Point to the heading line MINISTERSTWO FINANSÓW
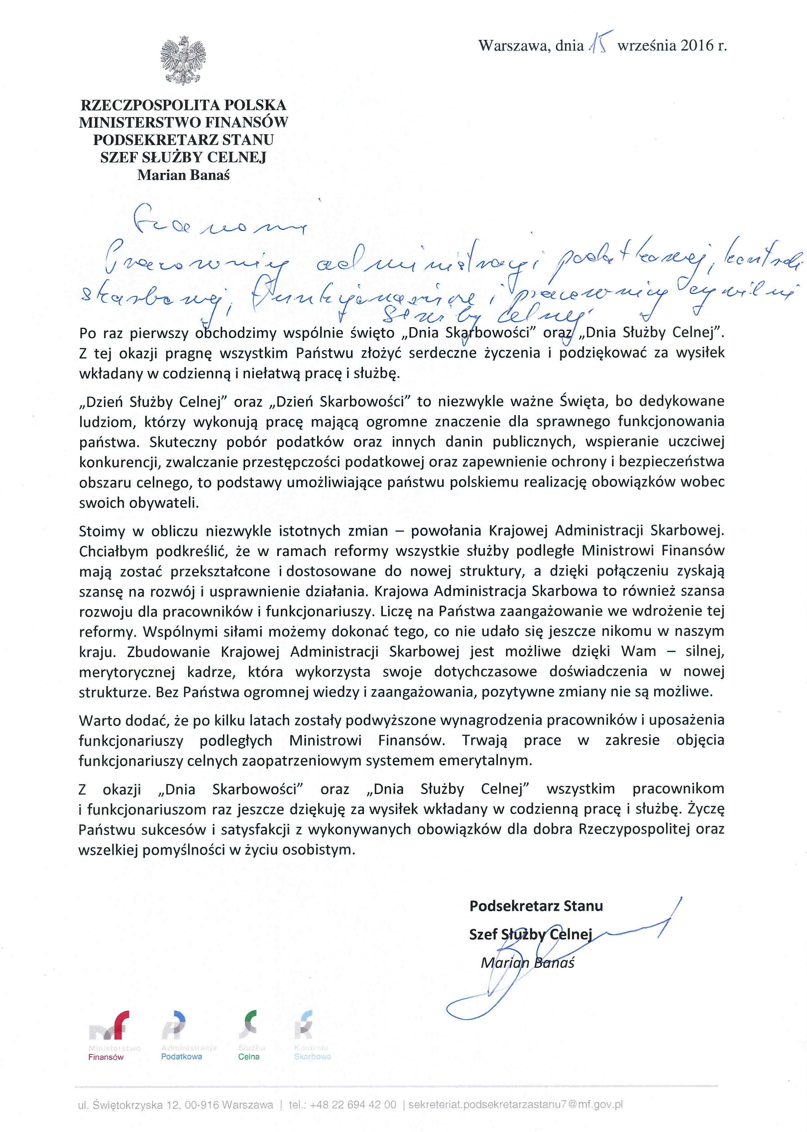coord(183,122)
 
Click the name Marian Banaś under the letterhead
coord(183,175)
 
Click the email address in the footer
coord(516,1105)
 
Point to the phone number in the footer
coord(353,1105)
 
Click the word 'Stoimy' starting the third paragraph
coord(101,531)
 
